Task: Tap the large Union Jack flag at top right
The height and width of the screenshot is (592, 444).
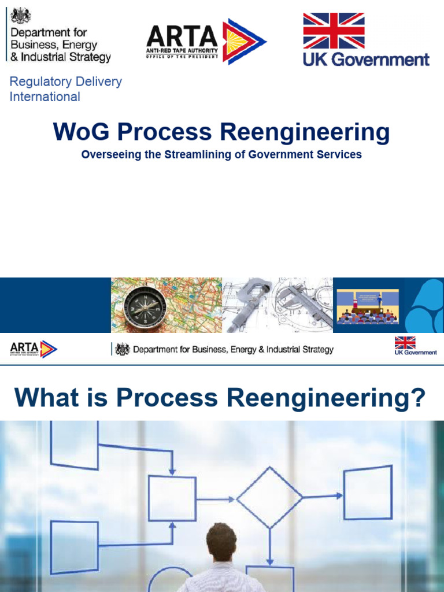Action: click(334, 31)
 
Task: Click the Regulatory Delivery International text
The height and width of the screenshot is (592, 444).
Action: click(65, 89)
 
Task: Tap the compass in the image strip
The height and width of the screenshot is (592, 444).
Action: click(145, 305)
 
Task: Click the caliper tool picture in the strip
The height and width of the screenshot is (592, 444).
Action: click(277, 305)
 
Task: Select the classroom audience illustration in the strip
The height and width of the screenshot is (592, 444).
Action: click(368, 306)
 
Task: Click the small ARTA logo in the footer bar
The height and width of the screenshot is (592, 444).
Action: click(33, 349)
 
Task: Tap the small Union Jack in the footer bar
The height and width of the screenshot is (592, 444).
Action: click(405, 342)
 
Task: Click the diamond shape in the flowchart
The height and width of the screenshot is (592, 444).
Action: click(269, 497)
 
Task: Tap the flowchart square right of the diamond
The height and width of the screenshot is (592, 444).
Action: click(368, 493)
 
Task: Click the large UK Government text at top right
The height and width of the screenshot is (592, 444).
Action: click(367, 59)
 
